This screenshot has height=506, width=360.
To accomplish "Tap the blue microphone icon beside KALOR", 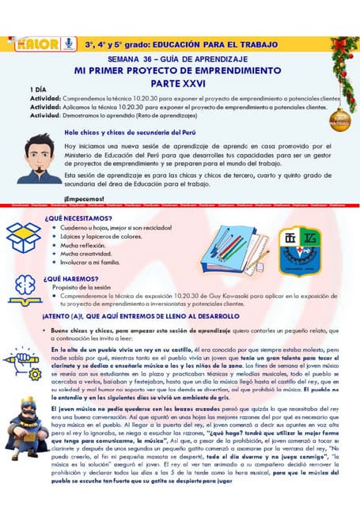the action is pyautogui.click(x=69, y=43).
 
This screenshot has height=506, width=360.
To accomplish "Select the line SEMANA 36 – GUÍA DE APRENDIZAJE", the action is pyautogui.click(x=180, y=59).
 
